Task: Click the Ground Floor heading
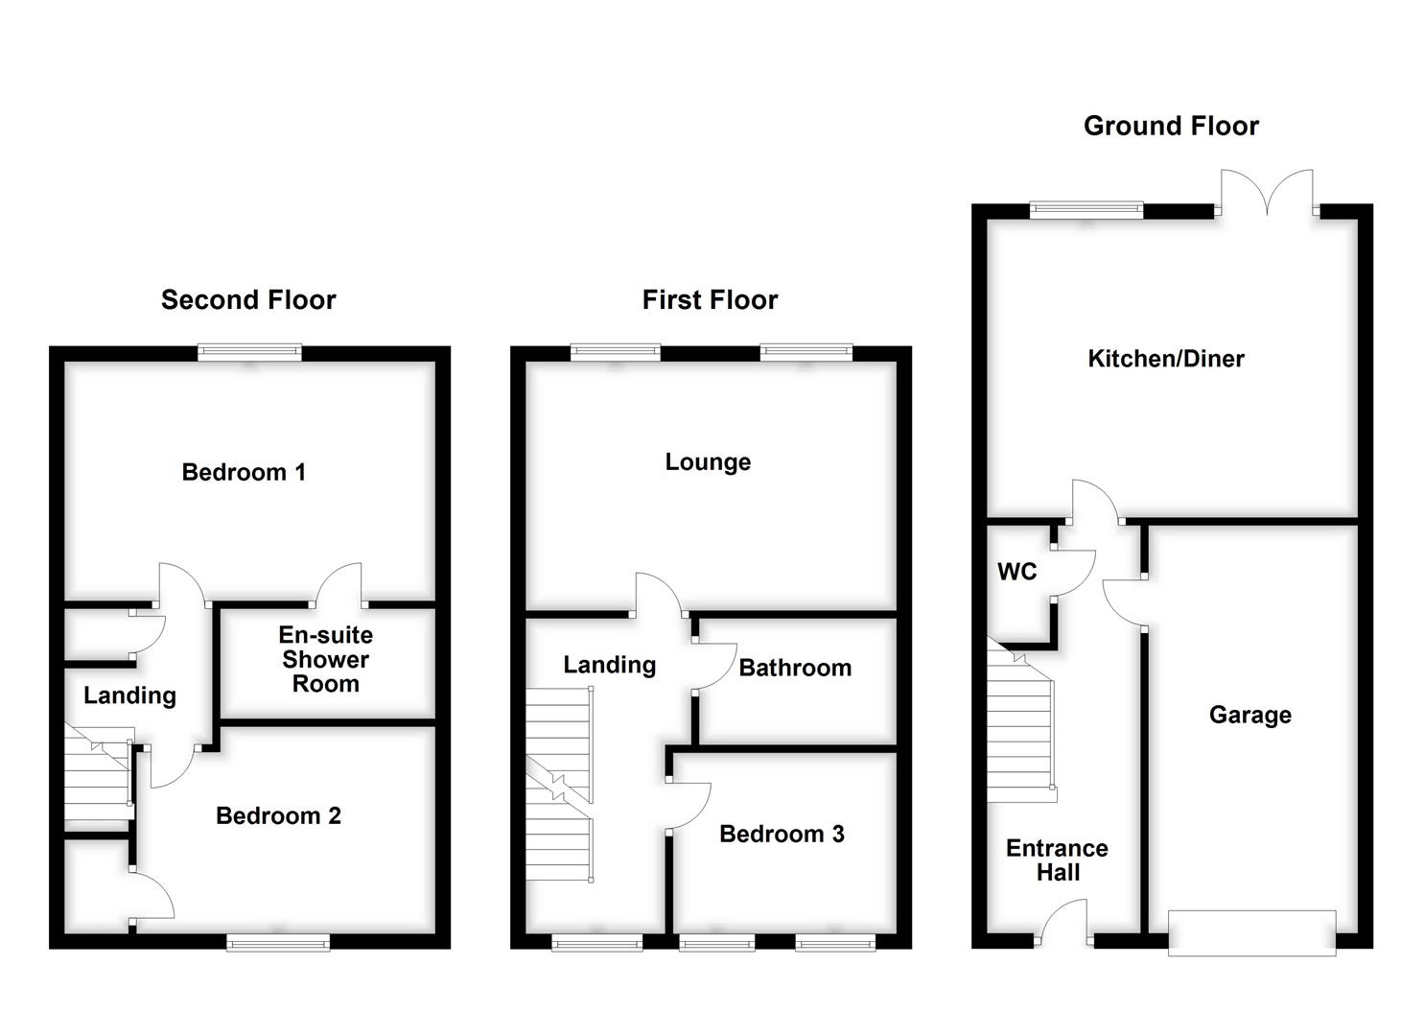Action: (x=1170, y=126)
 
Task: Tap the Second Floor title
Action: (x=248, y=300)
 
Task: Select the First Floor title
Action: (x=710, y=300)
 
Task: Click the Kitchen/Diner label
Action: (x=1165, y=359)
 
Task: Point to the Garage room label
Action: (x=1249, y=715)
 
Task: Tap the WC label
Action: (x=1016, y=572)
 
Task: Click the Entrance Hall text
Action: (x=1057, y=860)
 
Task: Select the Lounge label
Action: (x=708, y=462)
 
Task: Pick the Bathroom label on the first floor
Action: (x=795, y=668)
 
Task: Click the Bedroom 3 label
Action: (x=782, y=835)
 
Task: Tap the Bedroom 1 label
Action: (x=244, y=472)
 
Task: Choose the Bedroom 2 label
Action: (x=278, y=816)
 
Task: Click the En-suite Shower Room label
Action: (x=325, y=660)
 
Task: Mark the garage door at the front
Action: (x=1251, y=932)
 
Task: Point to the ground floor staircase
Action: (x=1022, y=729)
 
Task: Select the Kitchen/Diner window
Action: (x=1086, y=210)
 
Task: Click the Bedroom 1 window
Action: (x=249, y=353)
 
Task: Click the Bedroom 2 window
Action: (x=278, y=943)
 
